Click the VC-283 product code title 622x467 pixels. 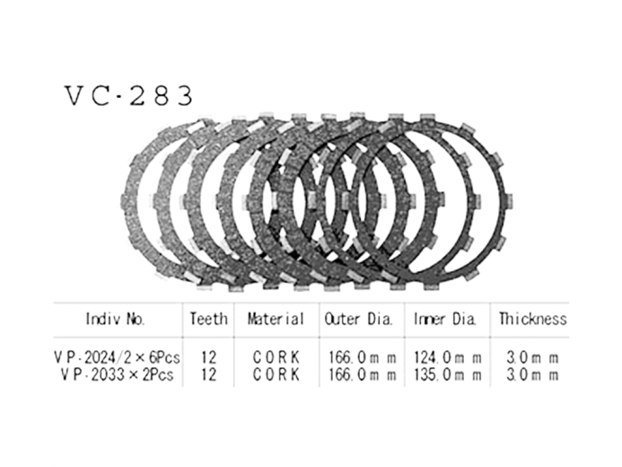pyautogui.click(x=127, y=97)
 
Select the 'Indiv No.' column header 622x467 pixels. pyautogui.click(x=116, y=319)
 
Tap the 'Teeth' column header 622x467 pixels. pyautogui.click(x=208, y=319)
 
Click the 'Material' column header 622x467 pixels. pyautogui.click(x=276, y=319)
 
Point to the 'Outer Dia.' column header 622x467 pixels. pyautogui.click(x=359, y=319)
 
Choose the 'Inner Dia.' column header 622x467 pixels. pyautogui.click(x=446, y=319)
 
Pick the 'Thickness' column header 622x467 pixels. pyautogui.click(x=532, y=319)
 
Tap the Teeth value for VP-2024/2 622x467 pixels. pyautogui.click(x=209, y=357)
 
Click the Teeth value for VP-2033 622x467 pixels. pyautogui.click(x=209, y=374)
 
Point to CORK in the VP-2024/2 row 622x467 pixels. pyautogui.click(x=276, y=357)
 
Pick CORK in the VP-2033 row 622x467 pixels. pyautogui.click(x=276, y=374)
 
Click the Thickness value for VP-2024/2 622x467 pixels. pyautogui.click(x=533, y=357)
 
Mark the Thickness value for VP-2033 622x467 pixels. pyautogui.click(x=533, y=374)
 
